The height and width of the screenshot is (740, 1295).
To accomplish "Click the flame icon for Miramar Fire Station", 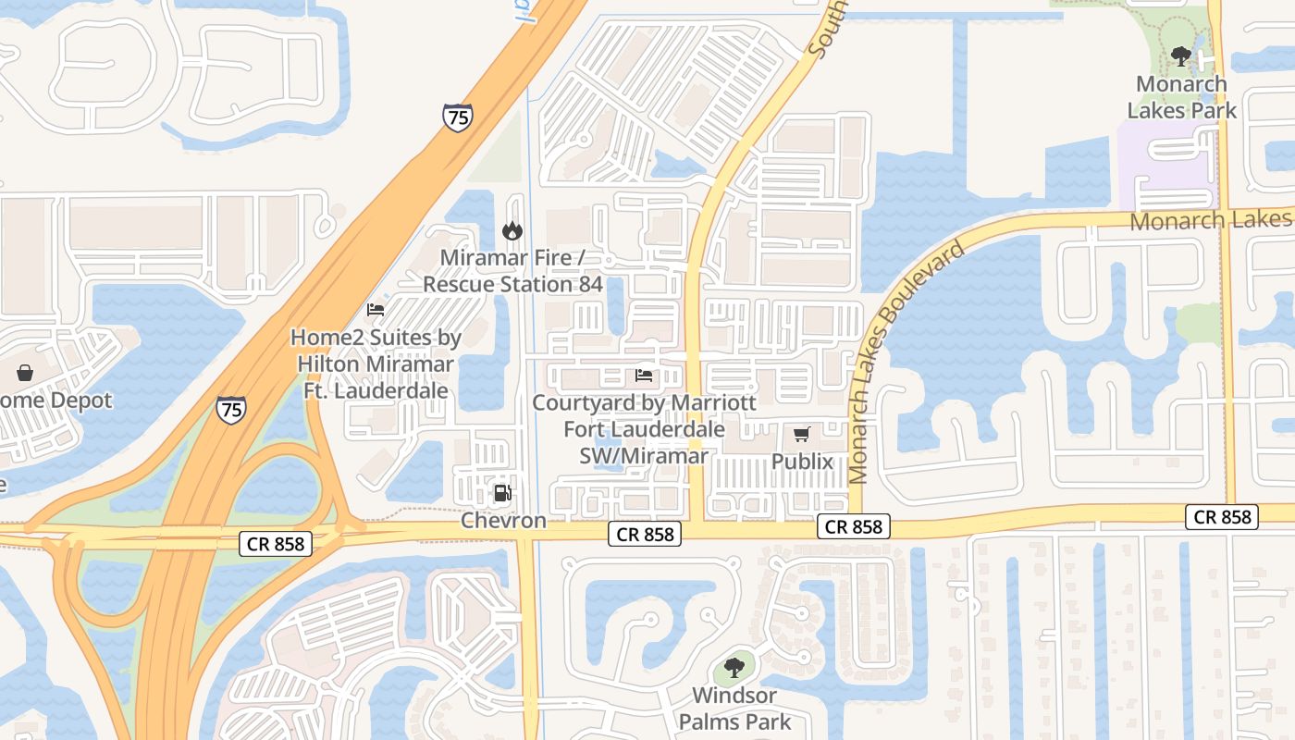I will click(512, 230).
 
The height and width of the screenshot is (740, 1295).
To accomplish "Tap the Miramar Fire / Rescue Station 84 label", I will click(512, 271).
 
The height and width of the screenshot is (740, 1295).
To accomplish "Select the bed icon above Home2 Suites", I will click(376, 310).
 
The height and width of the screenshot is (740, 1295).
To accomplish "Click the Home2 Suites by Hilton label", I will click(376, 364).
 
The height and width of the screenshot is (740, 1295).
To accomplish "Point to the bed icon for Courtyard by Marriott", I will click(644, 376).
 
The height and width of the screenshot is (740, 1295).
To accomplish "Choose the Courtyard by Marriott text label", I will click(644, 429).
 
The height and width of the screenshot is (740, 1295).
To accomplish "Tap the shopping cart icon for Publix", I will click(802, 434).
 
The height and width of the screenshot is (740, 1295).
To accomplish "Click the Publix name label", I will click(802, 462).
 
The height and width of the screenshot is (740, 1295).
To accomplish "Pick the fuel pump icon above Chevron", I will click(502, 493).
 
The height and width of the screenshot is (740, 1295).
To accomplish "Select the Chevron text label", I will click(504, 521).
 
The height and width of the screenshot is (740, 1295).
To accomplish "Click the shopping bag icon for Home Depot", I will click(25, 373).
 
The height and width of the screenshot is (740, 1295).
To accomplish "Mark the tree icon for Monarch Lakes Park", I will click(1180, 56).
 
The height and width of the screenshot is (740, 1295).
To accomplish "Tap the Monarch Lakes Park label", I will click(1181, 97).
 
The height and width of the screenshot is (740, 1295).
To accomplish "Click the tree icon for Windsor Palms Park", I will click(734, 666).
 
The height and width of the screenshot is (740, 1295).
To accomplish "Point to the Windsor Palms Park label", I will click(735, 709).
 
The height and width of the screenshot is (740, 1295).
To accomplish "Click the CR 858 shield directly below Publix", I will click(853, 527).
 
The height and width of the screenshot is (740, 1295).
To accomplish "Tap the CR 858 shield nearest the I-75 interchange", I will click(276, 544).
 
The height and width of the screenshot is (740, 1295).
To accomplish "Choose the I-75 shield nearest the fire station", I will click(457, 117).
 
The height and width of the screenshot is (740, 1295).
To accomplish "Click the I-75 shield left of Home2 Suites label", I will click(231, 409).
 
